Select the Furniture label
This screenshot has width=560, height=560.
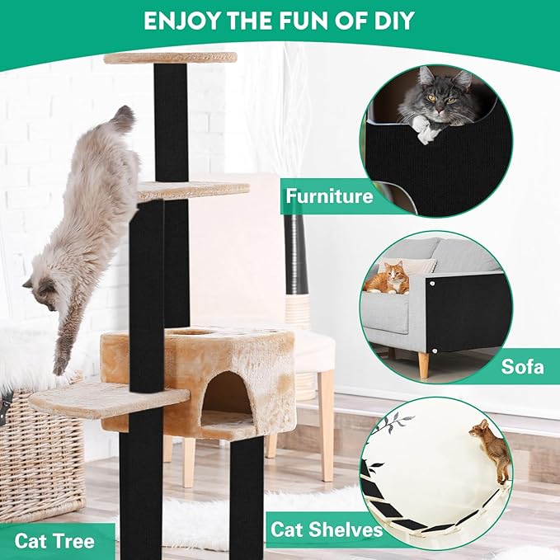tap(329, 196)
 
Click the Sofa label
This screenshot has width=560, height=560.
tap(522, 366)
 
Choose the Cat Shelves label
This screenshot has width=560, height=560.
tap(327, 529)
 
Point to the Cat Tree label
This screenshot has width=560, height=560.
tap(54, 541)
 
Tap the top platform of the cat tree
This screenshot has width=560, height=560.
tap(171, 58)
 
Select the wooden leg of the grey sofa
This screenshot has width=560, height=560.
tap(423, 365)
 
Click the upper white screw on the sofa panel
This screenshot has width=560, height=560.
tap(432, 284)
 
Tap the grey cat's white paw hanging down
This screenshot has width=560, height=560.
tap(426, 131)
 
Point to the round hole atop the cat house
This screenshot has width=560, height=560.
tap(193, 332)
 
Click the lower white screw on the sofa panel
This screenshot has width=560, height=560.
tap(435, 351)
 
